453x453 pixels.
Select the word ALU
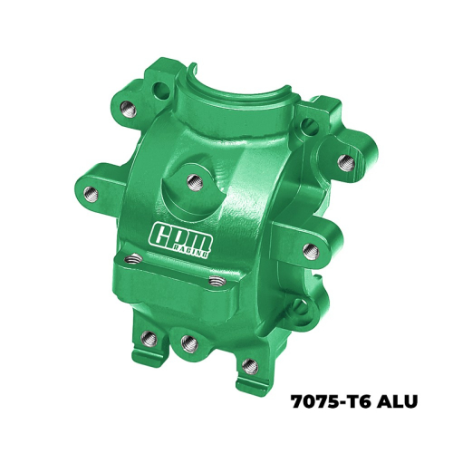(x=400, y=401)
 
